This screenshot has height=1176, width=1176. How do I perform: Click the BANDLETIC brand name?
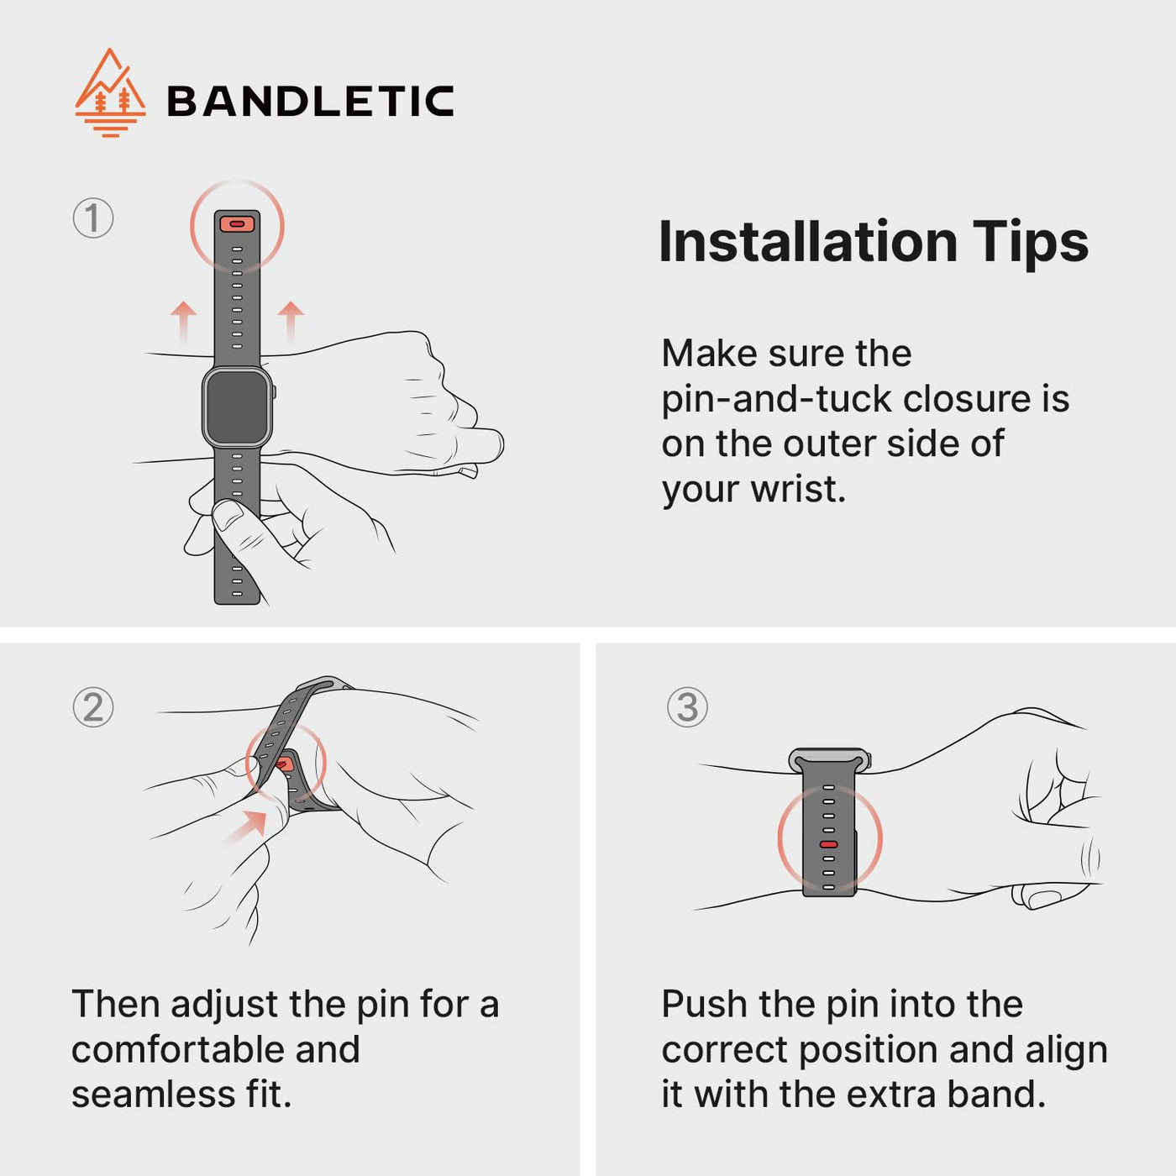pyautogui.click(x=311, y=101)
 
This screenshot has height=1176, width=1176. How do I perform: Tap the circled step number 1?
pyautogui.click(x=92, y=218)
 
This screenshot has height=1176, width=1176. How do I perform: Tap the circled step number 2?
pyautogui.click(x=92, y=707)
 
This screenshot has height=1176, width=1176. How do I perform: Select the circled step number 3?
pyautogui.click(x=687, y=707)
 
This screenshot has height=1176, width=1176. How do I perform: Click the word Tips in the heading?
pyautogui.click(x=1030, y=244)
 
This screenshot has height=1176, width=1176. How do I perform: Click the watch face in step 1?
pyautogui.click(x=238, y=407)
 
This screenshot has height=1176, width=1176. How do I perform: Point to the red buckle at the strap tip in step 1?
pyautogui.click(x=237, y=224)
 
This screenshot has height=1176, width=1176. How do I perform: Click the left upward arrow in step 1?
pyautogui.click(x=183, y=322)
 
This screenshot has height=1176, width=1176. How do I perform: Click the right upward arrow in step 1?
pyautogui.click(x=291, y=322)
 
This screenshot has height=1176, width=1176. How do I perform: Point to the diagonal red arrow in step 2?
pyautogui.click(x=247, y=827)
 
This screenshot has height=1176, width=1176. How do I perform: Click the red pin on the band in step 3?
pyautogui.click(x=828, y=845)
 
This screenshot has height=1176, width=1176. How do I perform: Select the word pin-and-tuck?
pyautogui.click(x=777, y=401)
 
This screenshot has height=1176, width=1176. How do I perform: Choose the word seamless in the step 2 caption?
pyautogui.click(x=153, y=1095)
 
